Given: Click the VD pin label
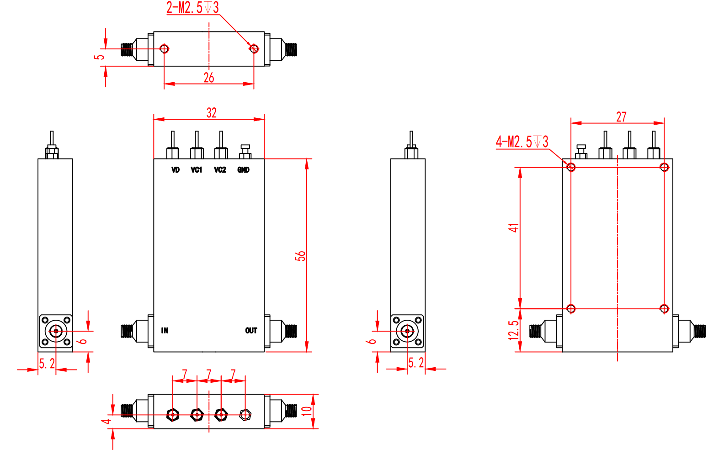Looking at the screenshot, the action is click(175, 170).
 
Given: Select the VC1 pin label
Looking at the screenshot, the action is click(197, 170).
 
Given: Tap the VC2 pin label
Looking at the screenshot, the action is click(220, 170).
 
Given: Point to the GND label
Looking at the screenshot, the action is click(243, 170).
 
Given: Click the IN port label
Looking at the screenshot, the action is click(165, 331).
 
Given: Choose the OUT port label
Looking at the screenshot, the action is click(251, 331).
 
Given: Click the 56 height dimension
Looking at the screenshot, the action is click(300, 256).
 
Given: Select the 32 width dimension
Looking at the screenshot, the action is click(212, 113).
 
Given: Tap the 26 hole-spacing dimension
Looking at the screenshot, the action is click(209, 78).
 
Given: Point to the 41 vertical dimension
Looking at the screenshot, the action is click(514, 228).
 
